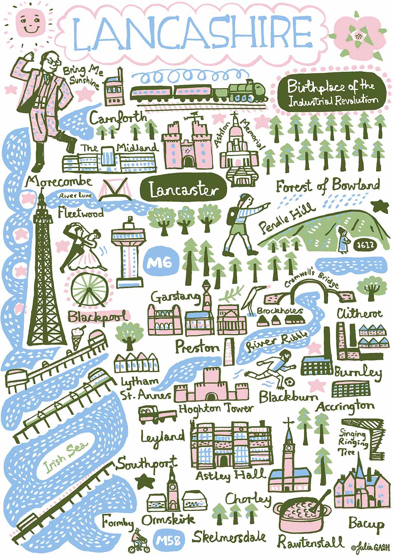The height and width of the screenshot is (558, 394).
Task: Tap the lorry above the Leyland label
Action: (x=157, y=415)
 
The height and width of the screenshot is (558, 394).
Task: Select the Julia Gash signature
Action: (x=370, y=547)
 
